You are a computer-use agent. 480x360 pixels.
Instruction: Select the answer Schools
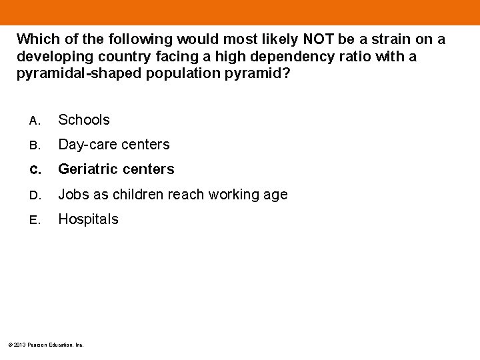(84, 120)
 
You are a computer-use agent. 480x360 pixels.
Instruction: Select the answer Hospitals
(88, 219)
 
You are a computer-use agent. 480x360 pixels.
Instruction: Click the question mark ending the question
(287, 73)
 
